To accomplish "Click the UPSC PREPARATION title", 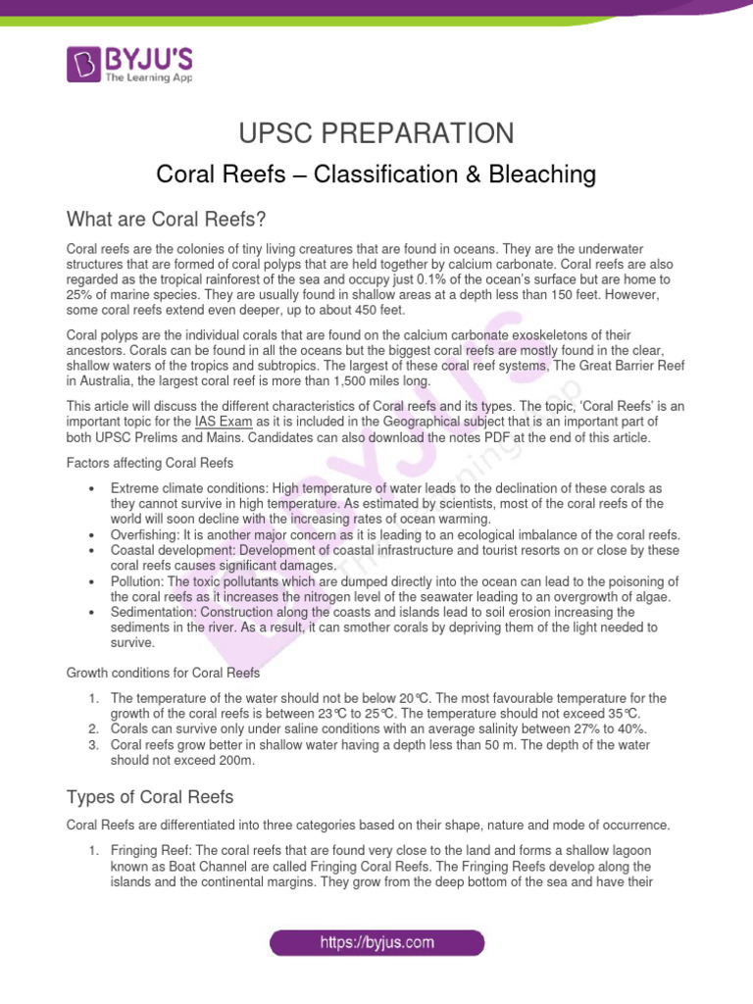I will (x=376, y=133).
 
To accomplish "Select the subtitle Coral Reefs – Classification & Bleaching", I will (x=376, y=175).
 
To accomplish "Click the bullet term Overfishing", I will (x=145, y=534).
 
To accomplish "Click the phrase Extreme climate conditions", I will (x=183, y=488).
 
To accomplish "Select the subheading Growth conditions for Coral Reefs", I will (x=162, y=673).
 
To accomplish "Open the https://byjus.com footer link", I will (x=376, y=943).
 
